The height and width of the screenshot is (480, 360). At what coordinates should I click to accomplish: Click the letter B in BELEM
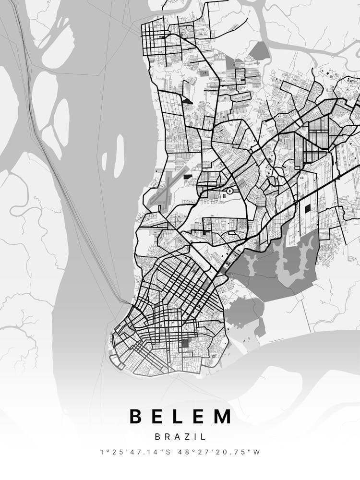136,416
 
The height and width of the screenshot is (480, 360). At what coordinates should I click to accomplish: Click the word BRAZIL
180,437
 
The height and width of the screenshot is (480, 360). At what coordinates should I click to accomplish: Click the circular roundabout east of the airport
229,191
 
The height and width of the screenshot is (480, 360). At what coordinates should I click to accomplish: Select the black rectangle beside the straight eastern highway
307,209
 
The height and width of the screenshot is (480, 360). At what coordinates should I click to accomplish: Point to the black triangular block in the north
187,101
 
